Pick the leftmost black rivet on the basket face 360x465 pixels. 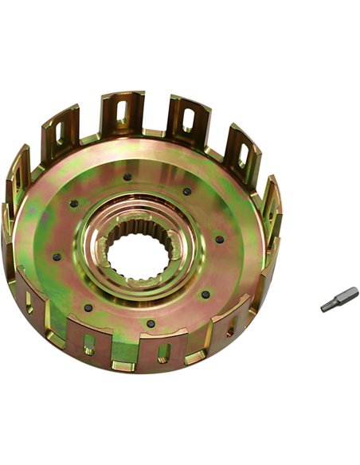[57, 256]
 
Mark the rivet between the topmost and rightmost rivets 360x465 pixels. [187, 191]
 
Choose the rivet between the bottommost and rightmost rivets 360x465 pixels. [205, 295]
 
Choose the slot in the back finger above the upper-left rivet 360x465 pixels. [61, 131]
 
